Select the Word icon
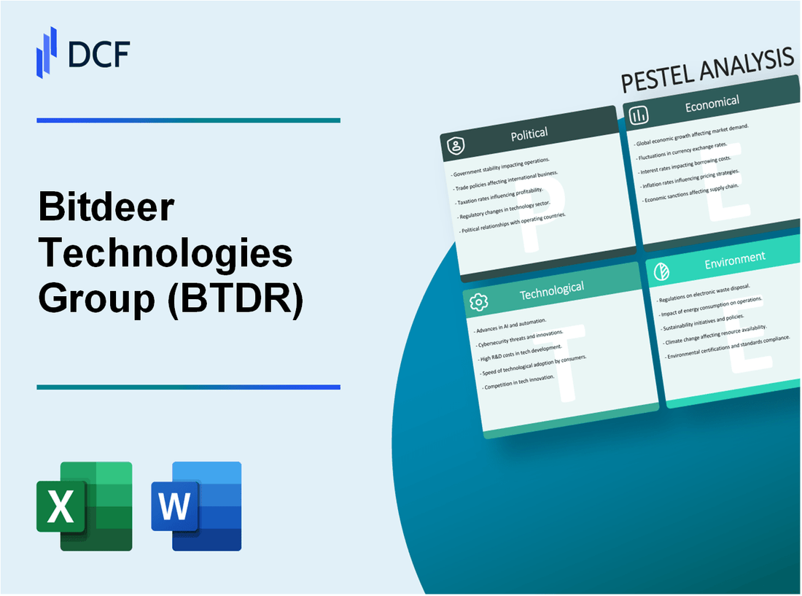[196, 506]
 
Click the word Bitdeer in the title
[106, 210]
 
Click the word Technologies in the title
[166, 254]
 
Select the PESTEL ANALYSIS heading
[706, 71]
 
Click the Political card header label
[530, 133]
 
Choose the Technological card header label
[551, 290]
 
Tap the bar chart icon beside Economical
[639, 115]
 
